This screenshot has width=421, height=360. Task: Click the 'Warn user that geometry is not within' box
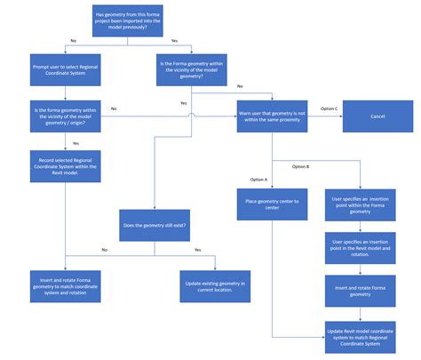click(x=273, y=116)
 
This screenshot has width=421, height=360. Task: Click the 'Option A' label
click(x=258, y=180)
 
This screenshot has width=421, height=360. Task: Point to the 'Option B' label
click(x=301, y=167)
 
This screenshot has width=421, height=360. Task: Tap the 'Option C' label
click(x=330, y=108)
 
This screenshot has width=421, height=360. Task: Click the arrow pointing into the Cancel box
click(x=338, y=116)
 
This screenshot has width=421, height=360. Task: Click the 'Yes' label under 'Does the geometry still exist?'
click(x=197, y=250)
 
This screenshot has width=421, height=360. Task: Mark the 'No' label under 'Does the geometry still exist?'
click(x=104, y=250)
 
